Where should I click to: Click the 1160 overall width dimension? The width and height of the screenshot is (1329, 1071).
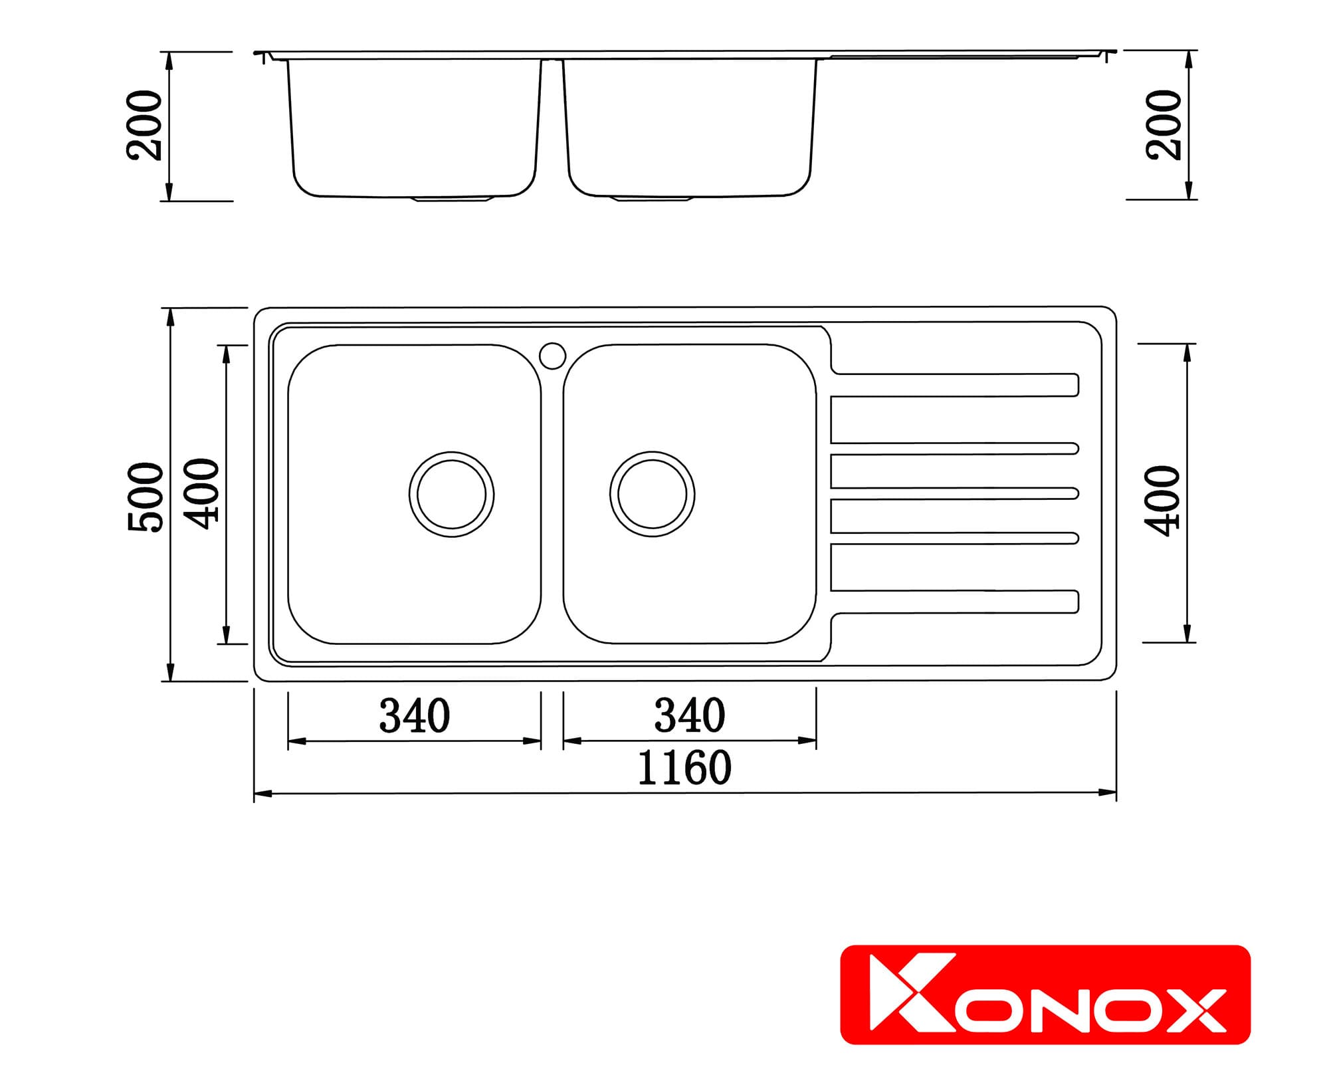(684, 769)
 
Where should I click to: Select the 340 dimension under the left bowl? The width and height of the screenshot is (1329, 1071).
(415, 716)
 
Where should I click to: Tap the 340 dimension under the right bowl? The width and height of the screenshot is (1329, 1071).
(690, 716)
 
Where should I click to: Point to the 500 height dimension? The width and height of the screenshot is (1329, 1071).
(146, 497)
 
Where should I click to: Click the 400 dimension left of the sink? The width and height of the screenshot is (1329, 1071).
(201, 493)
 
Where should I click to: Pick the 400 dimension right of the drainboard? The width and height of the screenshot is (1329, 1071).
(1162, 500)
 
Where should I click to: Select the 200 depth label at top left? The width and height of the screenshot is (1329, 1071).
(145, 126)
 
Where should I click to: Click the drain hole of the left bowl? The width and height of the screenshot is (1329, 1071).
(451, 495)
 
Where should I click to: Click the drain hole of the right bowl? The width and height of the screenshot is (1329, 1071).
(652, 494)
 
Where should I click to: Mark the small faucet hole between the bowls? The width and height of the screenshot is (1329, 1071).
(552, 356)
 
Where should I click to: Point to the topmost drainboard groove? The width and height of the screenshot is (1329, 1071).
(954, 385)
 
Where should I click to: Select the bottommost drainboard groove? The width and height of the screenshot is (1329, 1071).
(954, 602)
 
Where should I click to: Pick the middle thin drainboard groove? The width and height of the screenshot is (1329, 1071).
(954, 493)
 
